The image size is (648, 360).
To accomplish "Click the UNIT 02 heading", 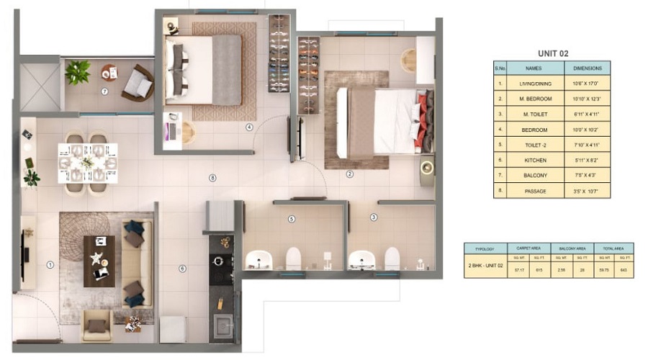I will coord(554,53).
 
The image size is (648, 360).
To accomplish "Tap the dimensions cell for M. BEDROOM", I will coord(587,99).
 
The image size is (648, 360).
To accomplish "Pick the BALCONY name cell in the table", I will coord(534,176).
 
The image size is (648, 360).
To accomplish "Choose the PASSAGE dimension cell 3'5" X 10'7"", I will coord(587,192).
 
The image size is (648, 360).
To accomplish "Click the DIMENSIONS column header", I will coord(587,68).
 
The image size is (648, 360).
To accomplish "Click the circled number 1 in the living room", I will coord(50,265).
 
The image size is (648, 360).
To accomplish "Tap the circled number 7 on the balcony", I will coord(105,91).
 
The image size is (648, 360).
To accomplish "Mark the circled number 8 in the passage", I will coord(212,178).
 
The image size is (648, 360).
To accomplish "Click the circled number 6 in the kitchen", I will coord(182,269).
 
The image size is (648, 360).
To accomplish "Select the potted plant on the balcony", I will coord(77,72).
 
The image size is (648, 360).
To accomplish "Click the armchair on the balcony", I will coord(137,84).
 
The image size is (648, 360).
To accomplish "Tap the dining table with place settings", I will coord(88,163).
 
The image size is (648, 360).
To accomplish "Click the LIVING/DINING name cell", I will coord(534,84).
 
